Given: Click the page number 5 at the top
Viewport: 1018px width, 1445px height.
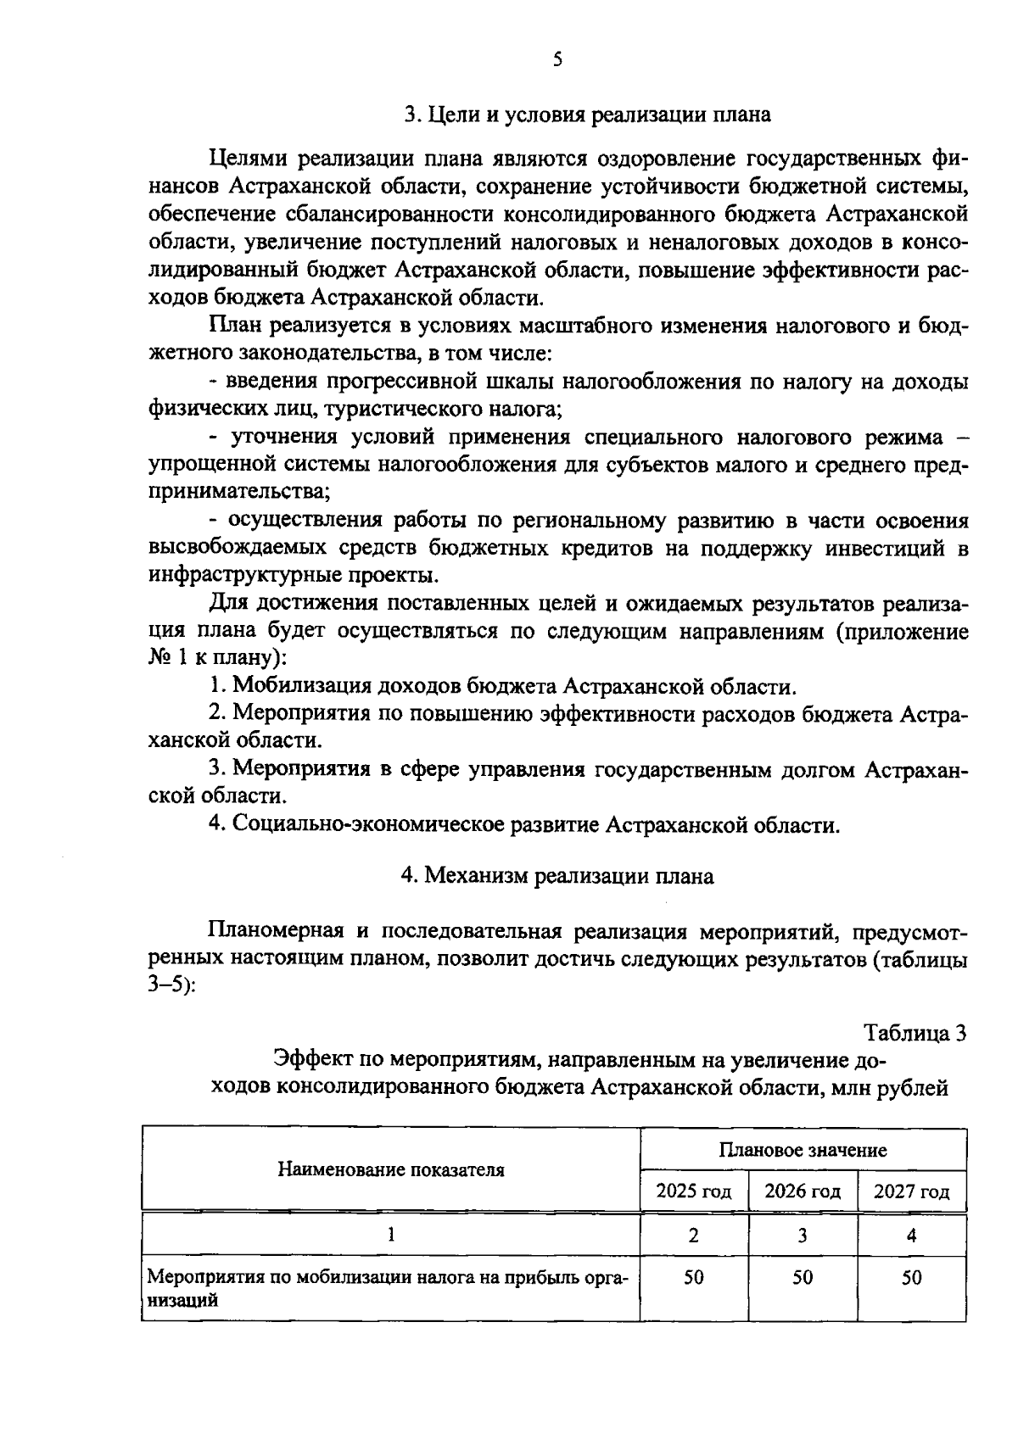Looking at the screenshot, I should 557,59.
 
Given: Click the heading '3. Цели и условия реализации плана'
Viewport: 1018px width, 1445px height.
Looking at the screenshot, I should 587,114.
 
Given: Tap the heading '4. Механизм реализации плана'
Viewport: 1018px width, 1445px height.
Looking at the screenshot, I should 557,875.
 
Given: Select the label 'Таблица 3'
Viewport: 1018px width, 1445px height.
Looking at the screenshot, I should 915,1033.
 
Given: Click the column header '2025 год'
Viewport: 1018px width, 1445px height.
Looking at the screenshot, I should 693,1191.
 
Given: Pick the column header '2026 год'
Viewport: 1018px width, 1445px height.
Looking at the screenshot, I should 802,1191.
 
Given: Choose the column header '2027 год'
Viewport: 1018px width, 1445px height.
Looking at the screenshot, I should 911,1191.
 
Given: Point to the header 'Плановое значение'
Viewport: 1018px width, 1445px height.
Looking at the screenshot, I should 803,1150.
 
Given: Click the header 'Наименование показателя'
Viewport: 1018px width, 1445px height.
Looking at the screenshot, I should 390,1170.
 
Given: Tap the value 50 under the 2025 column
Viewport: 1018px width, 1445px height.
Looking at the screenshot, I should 693,1277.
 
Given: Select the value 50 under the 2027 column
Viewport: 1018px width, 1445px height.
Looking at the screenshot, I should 911,1277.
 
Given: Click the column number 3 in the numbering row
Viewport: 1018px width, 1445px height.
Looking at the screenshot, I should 802,1236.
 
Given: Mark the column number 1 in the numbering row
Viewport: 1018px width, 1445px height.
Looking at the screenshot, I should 390,1236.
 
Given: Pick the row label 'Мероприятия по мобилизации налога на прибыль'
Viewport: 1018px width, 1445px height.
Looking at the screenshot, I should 388,1277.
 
